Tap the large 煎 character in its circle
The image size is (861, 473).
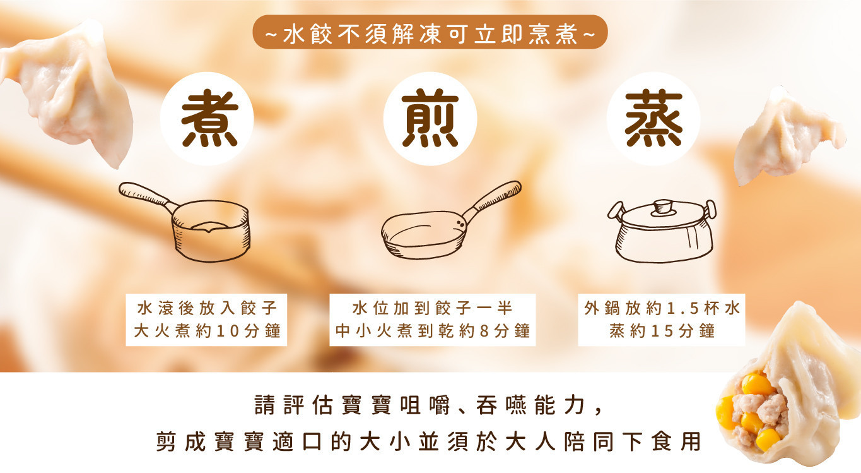point(430,120)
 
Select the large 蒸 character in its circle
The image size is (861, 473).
point(653,120)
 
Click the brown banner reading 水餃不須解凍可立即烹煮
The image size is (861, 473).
point(430,33)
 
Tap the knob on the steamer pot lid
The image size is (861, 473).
point(662,206)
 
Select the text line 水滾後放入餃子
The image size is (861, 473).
point(207,309)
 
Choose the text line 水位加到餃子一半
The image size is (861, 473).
point(433,309)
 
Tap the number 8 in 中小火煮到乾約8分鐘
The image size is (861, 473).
point(484,331)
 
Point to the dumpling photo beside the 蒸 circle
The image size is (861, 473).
point(785,139)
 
